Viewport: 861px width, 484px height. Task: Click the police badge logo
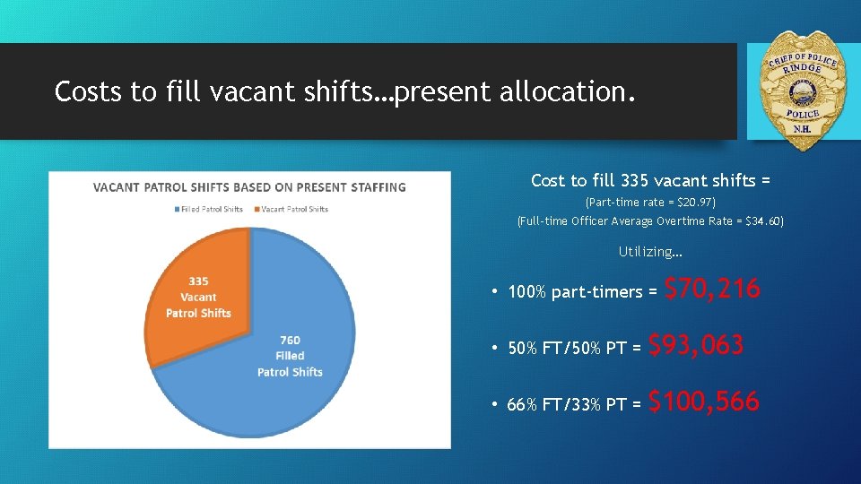coord(802,90)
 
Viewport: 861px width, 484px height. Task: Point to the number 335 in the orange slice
coord(198,281)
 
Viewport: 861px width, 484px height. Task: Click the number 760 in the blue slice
coord(290,340)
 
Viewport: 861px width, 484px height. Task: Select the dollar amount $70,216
coord(713,289)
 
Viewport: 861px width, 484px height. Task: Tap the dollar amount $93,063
coord(696,345)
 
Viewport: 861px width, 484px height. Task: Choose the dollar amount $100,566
coord(703,402)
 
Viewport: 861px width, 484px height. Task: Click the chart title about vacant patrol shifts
coord(249,187)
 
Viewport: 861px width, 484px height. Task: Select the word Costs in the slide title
coord(87,91)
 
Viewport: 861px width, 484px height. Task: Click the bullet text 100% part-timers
coord(575,292)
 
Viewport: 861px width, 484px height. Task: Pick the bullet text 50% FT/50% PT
coord(567,349)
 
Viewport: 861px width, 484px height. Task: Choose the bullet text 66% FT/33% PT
coord(567,405)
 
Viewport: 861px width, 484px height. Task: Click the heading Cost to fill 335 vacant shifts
coord(650,180)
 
